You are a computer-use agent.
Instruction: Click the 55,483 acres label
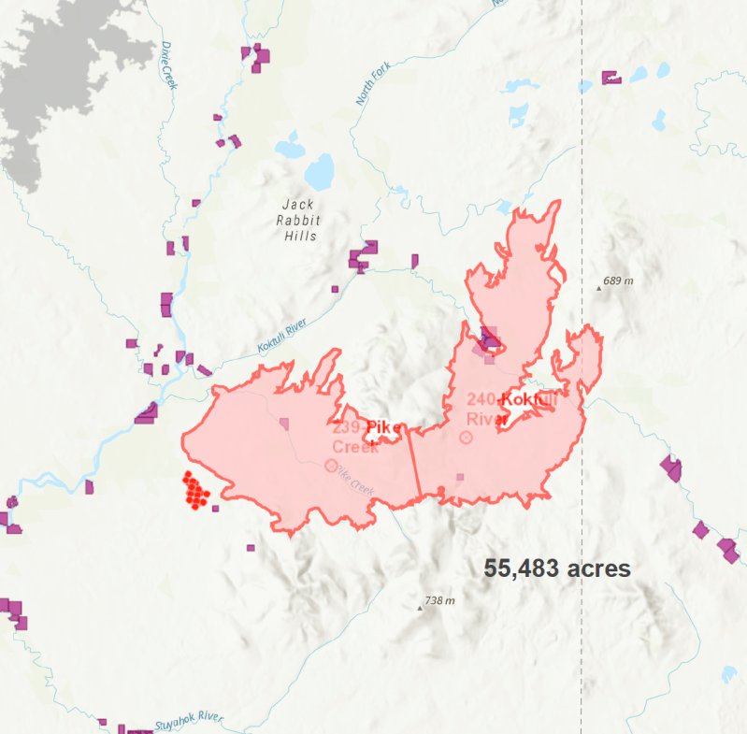[x=557, y=568]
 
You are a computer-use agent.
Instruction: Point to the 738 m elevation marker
[x=435, y=601]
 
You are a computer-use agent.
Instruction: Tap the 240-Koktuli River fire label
[x=511, y=409]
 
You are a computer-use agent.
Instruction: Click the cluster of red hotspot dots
[x=196, y=490]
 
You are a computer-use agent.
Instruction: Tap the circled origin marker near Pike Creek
[x=330, y=465]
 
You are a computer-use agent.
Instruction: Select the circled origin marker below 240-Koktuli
[x=467, y=437]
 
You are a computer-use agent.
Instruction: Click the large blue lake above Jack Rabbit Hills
[x=319, y=171]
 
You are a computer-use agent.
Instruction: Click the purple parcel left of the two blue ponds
[x=611, y=79]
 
